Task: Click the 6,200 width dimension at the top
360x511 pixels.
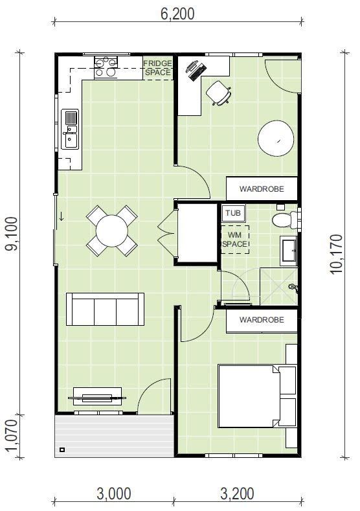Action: click(x=177, y=14)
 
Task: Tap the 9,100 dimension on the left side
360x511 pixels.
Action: click(x=12, y=234)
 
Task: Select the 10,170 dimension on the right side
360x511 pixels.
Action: click(x=336, y=254)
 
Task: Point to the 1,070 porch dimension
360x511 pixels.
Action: click(x=11, y=436)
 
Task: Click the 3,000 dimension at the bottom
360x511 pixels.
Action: click(x=114, y=494)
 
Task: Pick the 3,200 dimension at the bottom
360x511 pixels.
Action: click(x=237, y=494)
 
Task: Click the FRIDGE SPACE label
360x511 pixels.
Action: click(x=158, y=68)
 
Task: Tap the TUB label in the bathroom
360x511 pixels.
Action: click(x=233, y=213)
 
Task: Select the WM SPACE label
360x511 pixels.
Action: click(x=235, y=240)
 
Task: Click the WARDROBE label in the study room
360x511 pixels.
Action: click(x=262, y=189)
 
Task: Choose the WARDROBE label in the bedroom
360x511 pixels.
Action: click(x=262, y=320)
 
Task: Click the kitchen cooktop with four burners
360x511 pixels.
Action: click(x=105, y=67)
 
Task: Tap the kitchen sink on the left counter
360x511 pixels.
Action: click(x=70, y=129)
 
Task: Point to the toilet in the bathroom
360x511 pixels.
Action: click(x=285, y=220)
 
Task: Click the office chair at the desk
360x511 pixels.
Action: click(x=219, y=93)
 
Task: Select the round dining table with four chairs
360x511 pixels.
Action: click(x=112, y=231)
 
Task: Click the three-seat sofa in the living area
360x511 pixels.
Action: click(x=106, y=309)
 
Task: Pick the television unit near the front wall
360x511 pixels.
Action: click(x=97, y=396)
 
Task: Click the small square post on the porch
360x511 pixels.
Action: click(x=62, y=449)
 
